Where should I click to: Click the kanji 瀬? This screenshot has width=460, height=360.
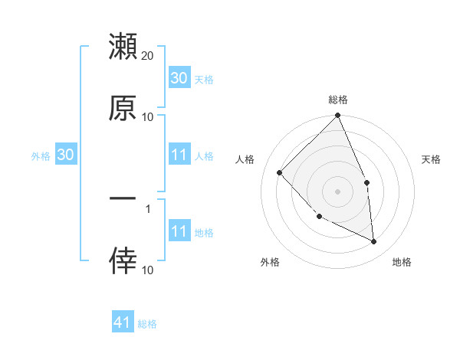(123, 47)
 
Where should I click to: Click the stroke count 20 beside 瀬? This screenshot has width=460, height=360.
(148, 56)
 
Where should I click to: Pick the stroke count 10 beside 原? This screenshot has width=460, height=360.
(148, 116)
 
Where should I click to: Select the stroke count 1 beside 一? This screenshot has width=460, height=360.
(148, 208)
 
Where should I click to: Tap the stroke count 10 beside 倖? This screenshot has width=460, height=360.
(148, 269)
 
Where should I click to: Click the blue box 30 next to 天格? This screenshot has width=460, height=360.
(179, 78)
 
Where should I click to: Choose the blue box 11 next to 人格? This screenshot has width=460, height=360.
(179, 155)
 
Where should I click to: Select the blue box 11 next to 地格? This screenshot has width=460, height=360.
(179, 231)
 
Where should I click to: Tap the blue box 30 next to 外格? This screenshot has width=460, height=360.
(65, 155)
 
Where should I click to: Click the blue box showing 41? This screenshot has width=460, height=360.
(123, 323)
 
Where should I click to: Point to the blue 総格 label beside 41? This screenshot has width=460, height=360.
(147, 324)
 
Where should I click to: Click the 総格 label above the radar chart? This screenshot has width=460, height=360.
(337, 100)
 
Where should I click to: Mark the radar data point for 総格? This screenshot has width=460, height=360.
(337, 116)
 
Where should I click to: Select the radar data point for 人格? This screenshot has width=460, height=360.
(280, 172)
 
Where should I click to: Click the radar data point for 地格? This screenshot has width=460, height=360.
(373, 241)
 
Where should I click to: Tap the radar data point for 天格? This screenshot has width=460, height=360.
(366, 182)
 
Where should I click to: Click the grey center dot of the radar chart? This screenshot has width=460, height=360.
(337, 191)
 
